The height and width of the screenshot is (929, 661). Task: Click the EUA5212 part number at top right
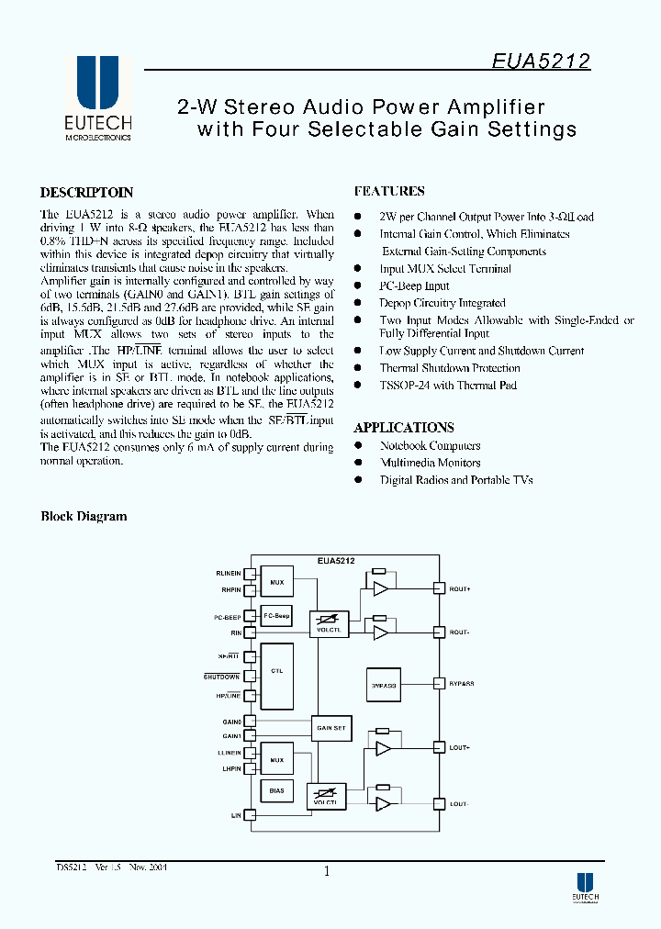tap(540, 62)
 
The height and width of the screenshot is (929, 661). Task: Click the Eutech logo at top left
tap(97, 97)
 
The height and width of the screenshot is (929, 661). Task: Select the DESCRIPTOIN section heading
tap(87, 193)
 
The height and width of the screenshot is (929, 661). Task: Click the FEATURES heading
tap(389, 192)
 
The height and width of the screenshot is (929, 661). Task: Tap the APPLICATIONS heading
tap(404, 428)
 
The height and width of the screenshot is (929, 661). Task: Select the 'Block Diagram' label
tap(84, 517)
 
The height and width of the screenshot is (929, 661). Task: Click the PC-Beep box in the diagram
tap(276, 617)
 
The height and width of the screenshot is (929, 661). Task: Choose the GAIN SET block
tap(330, 728)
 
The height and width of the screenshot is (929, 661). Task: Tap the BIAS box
tap(276, 790)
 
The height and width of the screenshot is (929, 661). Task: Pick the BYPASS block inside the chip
tap(384, 684)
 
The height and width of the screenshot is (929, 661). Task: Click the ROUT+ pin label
tap(460, 588)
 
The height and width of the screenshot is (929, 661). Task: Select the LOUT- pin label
tap(459, 804)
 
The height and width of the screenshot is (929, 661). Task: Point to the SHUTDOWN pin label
tap(221, 677)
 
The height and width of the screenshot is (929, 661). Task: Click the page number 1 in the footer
tap(326, 871)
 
